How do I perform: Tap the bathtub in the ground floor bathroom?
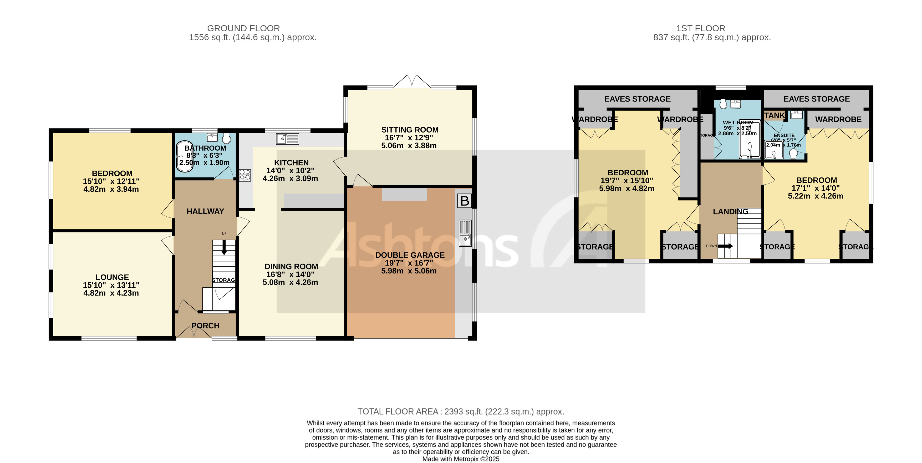pyautogui.click(x=185, y=156)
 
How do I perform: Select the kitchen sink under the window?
pyautogui.click(x=287, y=139)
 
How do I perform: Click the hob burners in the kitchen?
pyautogui.click(x=245, y=175)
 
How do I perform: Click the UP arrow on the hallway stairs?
pyautogui.click(x=224, y=247)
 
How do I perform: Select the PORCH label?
pyautogui.click(x=205, y=325)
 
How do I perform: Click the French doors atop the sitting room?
pyautogui.click(x=412, y=82)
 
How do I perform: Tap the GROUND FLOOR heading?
pyautogui.click(x=243, y=28)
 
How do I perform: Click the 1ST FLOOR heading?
pyautogui.click(x=700, y=28)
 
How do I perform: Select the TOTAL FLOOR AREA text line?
pyautogui.click(x=461, y=411)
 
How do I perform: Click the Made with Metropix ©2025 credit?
pyautogui.click(x=461, y=459)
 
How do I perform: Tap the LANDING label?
pyautogui.click(x=730, y=211)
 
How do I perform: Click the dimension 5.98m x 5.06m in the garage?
pyautogui.click(x=409, y=271)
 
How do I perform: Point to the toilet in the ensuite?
pyautogui.click(x=793, y=153)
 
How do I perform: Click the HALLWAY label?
pyautogui.click(x=205, y=211)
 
